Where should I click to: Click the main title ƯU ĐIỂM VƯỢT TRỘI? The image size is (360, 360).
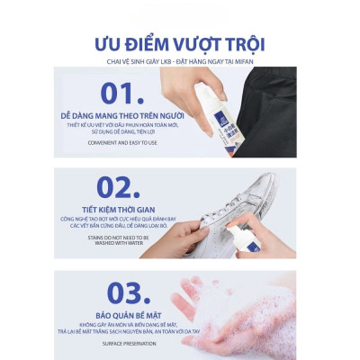coord(181,44)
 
